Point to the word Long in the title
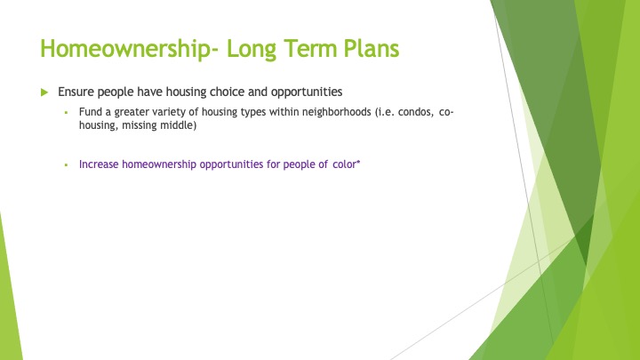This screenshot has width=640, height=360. [x=252, y=50]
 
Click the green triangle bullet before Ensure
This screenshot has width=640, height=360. [x=44, y=92]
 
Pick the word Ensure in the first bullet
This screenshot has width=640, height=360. [x=76, y=92]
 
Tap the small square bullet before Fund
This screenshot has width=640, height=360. [x=66, y=112]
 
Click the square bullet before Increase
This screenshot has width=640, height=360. [x=66, y=165]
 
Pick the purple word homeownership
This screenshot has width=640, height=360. [x=159, y=164]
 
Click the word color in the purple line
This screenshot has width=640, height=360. [x=345, y=164]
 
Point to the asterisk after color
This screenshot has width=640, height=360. [x=358, y=162]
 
